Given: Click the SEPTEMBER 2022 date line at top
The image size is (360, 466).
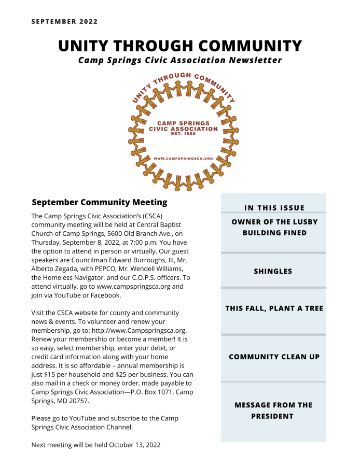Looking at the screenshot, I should [x=64, y=21].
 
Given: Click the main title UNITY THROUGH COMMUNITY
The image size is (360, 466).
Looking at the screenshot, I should [x=180, y=46].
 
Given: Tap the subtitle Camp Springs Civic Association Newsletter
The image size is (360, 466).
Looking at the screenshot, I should [x=180, y=60].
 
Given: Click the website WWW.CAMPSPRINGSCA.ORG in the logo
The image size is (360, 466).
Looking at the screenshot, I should [x=184, y=158].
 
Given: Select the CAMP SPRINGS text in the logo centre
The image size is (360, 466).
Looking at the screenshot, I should [x=184, y=123].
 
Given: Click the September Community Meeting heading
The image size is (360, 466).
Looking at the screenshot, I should [x=99, y=202].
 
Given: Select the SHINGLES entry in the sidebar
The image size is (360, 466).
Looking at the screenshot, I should [x=273, y=271].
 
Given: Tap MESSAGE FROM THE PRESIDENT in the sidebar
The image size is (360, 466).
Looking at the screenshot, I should [x=273, y=410].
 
